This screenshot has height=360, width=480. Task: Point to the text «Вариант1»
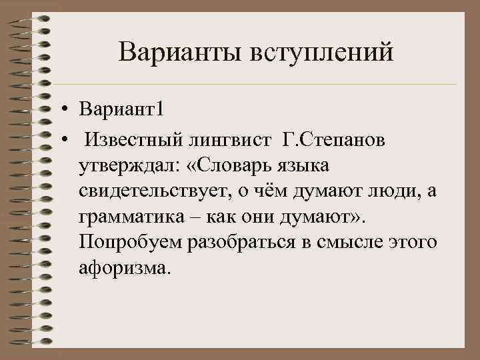[121, 109]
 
